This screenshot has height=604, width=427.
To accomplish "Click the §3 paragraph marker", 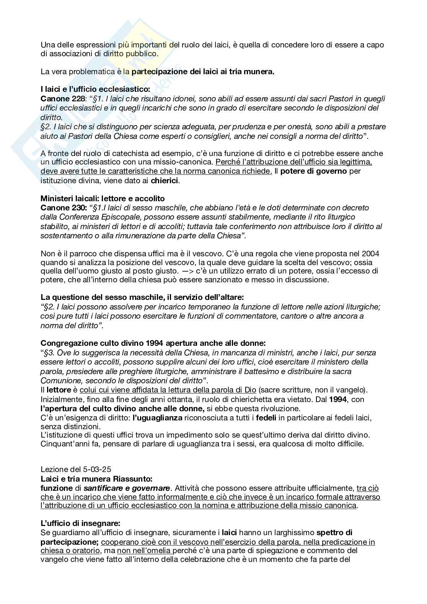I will [x=48, y=353].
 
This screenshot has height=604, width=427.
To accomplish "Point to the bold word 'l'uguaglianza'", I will [x=157, y=418].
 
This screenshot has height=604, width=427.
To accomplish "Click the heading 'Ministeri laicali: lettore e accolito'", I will [x=103, y=199].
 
